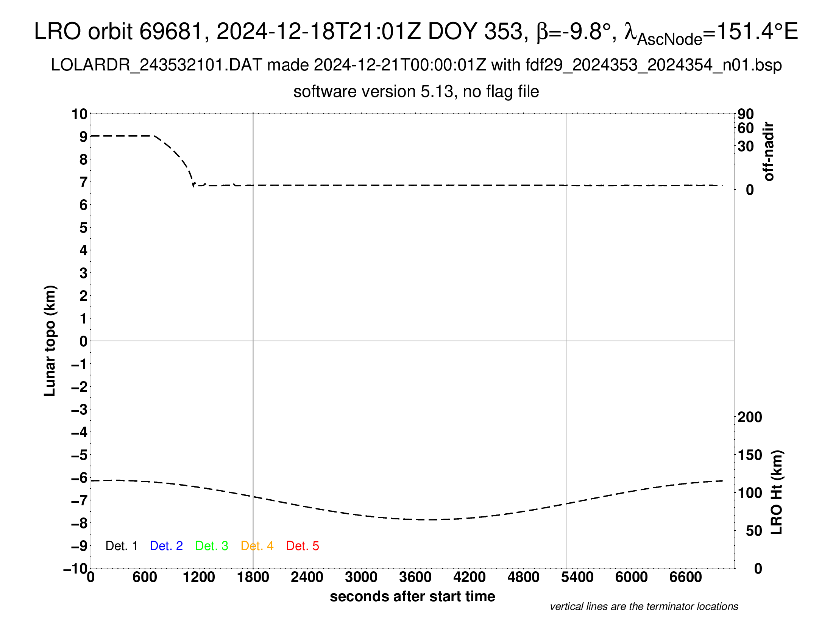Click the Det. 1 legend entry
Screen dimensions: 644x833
point(121,546)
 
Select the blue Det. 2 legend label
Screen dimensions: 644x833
point(166,546)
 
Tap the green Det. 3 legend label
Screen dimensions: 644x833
point(212,546)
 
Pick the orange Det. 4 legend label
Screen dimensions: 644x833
point(257,546)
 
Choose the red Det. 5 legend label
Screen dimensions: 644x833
point(303,546)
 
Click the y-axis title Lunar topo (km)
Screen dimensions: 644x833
point(50,341)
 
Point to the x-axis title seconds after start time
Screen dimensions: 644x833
point(412,596)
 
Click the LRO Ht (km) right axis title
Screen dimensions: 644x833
point(777,492)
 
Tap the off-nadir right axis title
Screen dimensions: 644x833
point(769,152)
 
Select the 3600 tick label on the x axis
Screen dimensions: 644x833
point(415,577)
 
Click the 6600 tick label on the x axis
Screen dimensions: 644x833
point(685,577)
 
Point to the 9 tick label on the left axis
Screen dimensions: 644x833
point(83,137)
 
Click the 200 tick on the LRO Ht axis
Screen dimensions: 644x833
point(749,417)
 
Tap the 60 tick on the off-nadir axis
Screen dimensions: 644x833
point(745,128)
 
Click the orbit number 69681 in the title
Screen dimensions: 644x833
point(170,31)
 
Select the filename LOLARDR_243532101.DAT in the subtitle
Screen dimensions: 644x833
point(156,65)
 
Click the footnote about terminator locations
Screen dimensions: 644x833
point(644,606)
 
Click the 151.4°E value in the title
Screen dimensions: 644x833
point(758,31)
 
